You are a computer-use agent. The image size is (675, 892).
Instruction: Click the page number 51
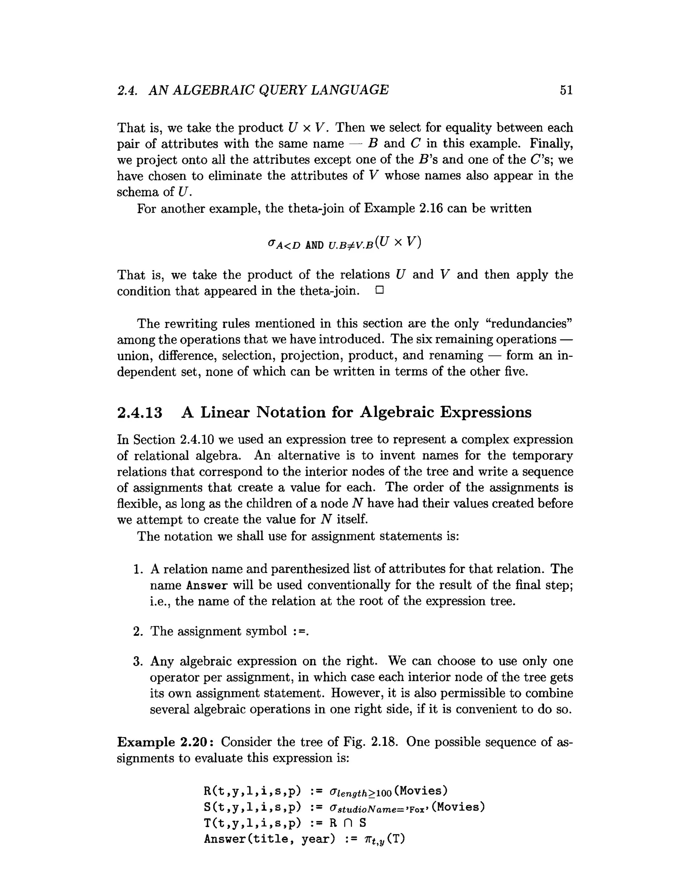(x=566, y=90)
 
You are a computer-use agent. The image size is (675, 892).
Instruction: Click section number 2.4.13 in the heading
(x=140, y=412)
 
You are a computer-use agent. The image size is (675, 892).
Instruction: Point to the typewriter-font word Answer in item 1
(x=207, y=586)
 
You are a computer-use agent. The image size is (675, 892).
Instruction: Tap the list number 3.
(x=138, y=661)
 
